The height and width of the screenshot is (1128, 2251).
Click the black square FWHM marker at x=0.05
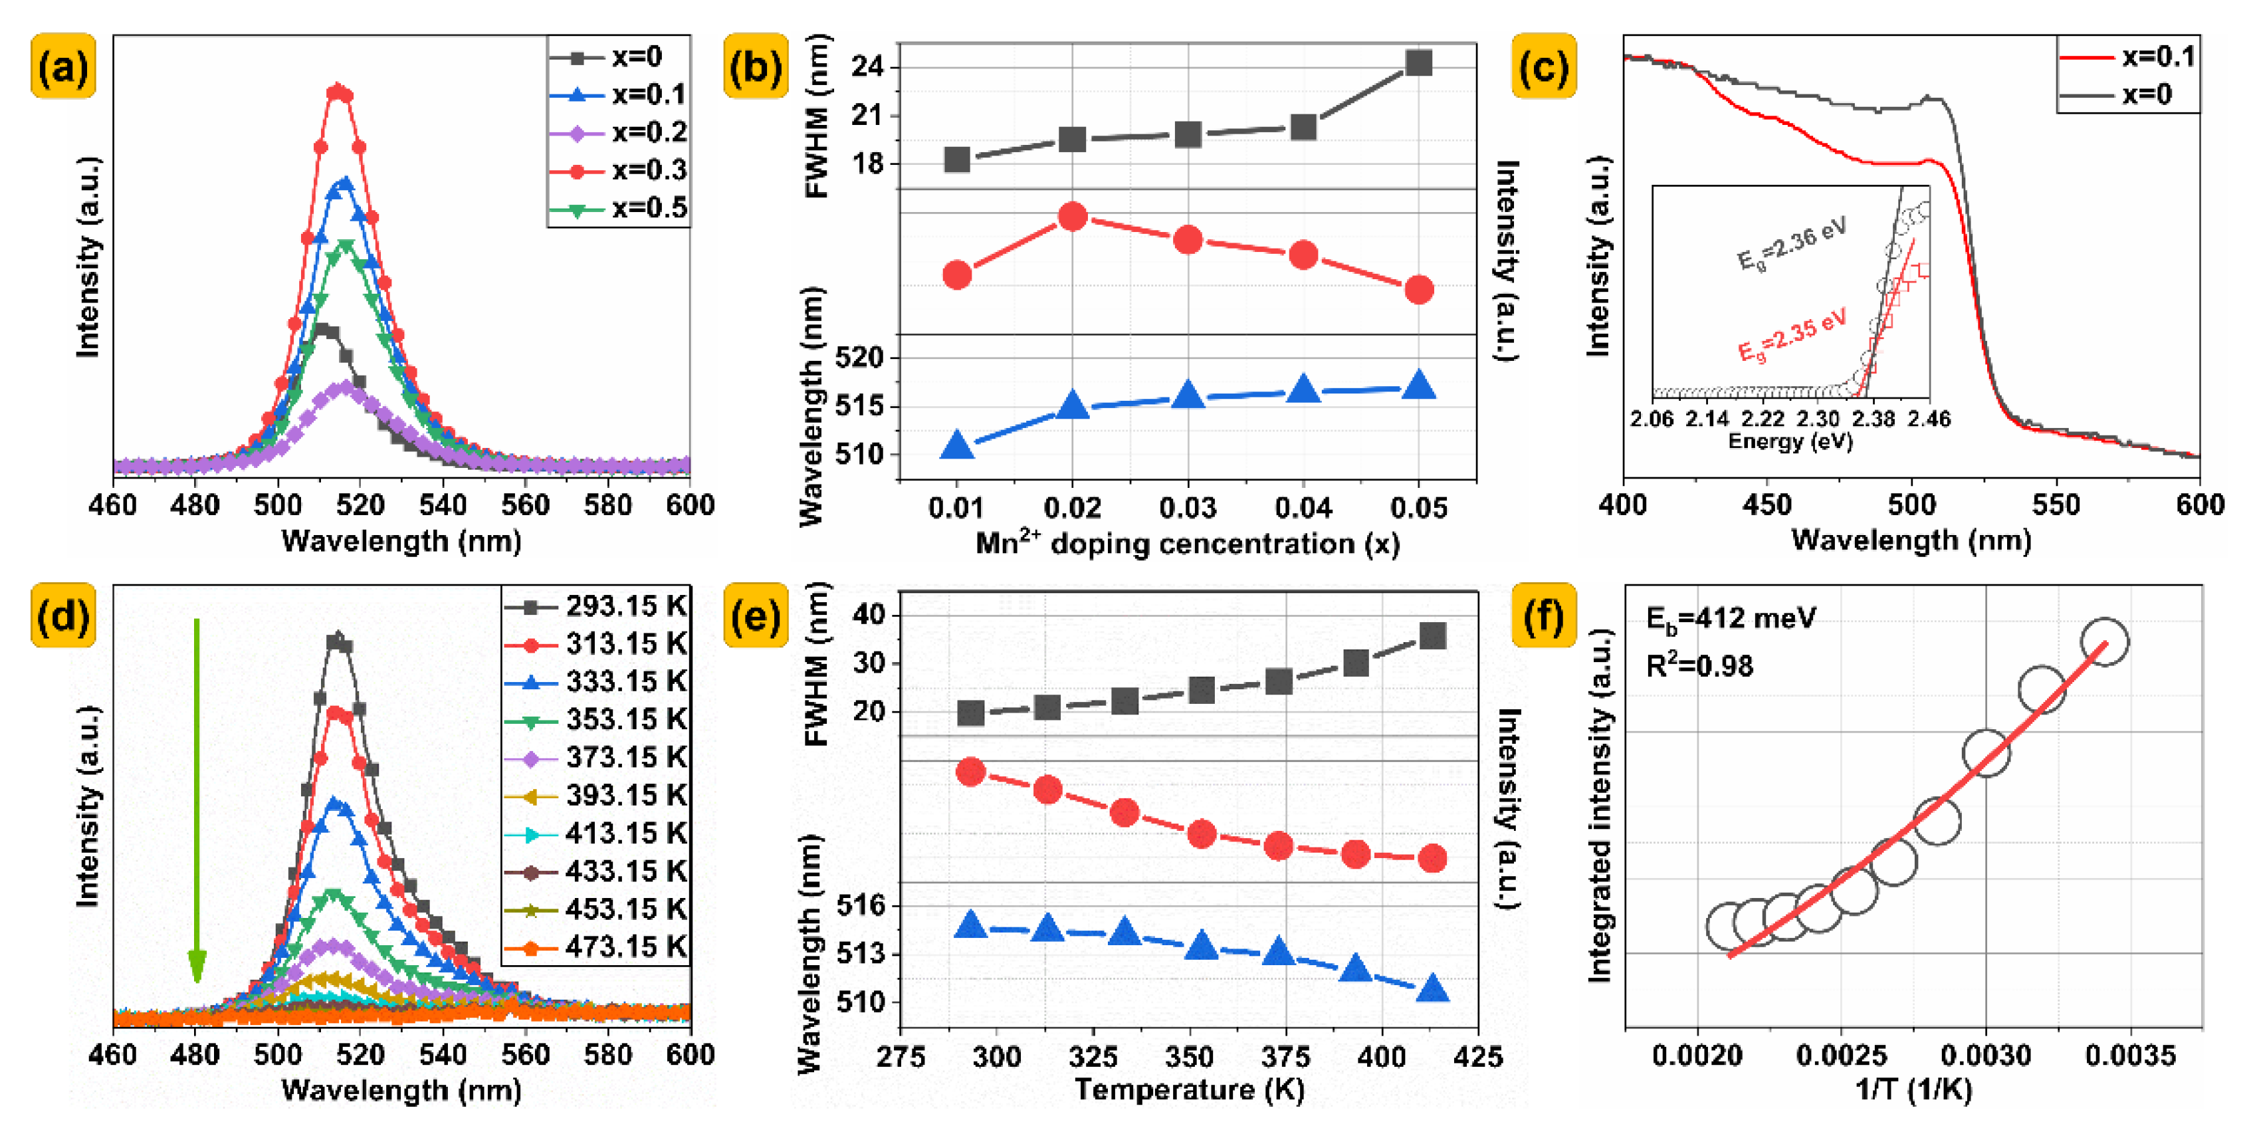1418,63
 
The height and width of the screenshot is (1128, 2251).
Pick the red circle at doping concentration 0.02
1072,217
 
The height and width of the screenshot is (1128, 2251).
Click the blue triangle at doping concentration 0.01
957,445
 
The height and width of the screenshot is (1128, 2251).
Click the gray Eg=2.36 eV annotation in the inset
1791,245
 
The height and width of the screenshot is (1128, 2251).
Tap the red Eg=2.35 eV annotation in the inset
1791,334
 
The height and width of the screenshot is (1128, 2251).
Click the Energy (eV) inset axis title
1790,442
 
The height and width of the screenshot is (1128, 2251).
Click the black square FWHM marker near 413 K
1432,636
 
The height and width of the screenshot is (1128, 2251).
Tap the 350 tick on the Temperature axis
1188,1058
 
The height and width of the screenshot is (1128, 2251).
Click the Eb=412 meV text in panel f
1729,619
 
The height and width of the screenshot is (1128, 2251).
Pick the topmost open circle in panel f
2104,641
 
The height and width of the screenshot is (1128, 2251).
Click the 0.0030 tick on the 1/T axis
1985,1056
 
